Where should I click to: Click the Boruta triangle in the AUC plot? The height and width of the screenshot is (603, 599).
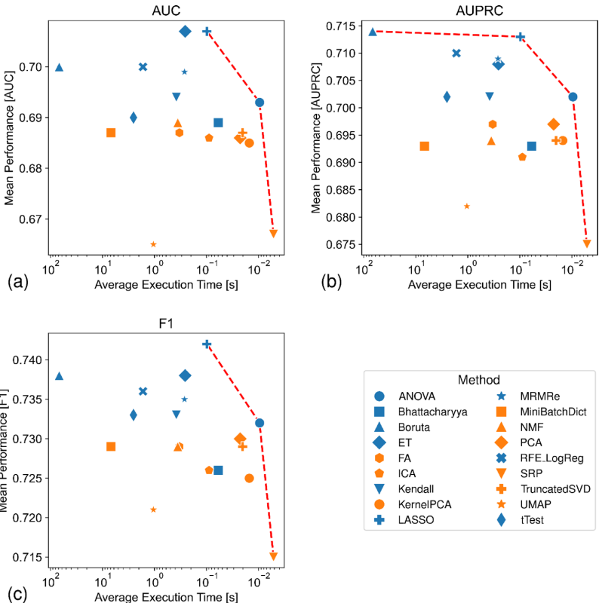pyautogui.click(x=59, y=67)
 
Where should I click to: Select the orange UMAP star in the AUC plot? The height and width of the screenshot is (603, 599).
pyautogui.click(x=153, y=244)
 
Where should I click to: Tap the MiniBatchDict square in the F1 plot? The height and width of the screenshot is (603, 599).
pyautogui.click(x=111, y=446)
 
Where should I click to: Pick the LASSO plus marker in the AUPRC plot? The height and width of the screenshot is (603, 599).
pyautogui.click(x=521, y=37)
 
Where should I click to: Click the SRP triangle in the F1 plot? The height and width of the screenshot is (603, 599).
pyautogui.click(x=273, y=556)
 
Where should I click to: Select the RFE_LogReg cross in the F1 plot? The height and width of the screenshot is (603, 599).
pyautogui.click(x=143, y=391)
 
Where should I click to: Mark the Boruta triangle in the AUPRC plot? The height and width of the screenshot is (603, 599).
pyautogui.click(x=373, y=31)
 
